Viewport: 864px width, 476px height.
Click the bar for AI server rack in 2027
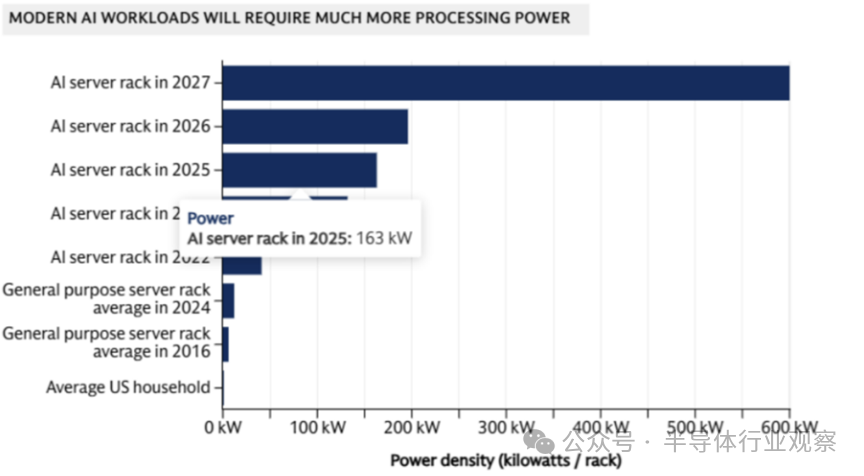tap(505, 83)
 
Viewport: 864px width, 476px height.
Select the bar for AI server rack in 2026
tap(315, 127)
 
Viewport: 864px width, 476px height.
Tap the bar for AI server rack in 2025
tap(299, 170)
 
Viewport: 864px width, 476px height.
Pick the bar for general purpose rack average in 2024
tap(228, 300)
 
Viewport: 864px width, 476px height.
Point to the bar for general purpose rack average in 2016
tap(225, 343)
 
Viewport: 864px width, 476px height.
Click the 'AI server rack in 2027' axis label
tap(131, 83)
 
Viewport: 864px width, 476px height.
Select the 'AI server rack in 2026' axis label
tap(131, 127)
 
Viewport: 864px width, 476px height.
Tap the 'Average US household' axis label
tap(129, 386)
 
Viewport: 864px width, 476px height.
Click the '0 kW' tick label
tap(223, 427)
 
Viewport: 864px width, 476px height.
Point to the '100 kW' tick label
tap(317, 427)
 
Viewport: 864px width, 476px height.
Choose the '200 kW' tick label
tap(412, 427)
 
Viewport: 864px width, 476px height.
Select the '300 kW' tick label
tap(506, 427)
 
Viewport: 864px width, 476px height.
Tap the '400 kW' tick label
tap(601, 427)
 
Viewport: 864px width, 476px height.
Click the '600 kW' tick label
tap(790, 427)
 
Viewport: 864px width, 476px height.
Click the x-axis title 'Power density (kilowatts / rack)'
tap(505, 461)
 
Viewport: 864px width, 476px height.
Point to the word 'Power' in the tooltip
tap(210, 218)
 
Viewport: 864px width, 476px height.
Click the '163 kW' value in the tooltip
tap(388, 238)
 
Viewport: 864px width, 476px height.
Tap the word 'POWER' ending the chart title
tap(545, 18)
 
